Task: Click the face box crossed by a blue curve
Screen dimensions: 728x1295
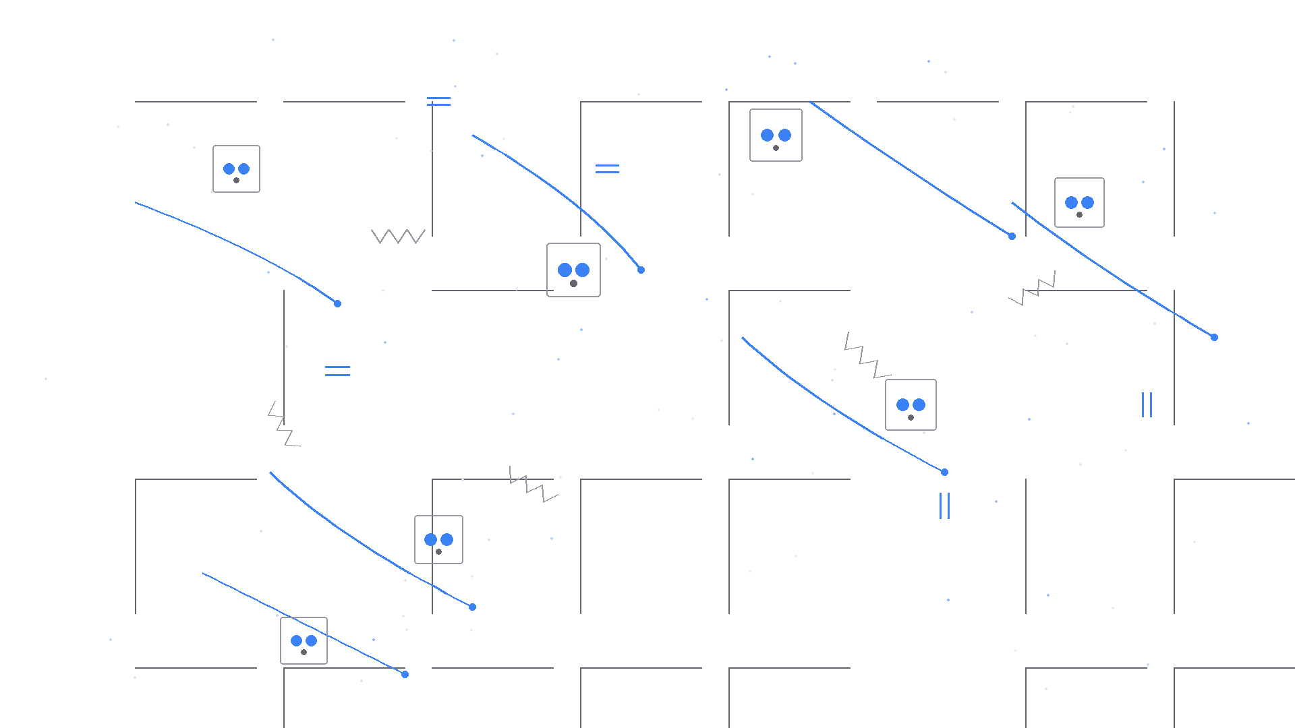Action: (304, 640)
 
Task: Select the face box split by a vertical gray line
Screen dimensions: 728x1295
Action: (438, 539)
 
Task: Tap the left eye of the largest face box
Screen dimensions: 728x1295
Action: (565, 270)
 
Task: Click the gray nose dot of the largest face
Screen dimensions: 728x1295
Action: (573, 283)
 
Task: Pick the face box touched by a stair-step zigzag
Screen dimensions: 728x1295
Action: (911, 404)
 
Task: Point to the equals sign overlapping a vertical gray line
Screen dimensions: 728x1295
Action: (438, 101)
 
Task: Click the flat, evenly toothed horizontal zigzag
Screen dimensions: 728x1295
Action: (398, 236)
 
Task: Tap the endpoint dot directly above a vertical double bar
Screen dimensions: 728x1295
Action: (944, 472)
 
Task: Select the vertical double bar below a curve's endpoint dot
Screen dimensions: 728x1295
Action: (944, 506)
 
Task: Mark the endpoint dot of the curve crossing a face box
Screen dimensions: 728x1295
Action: (405, 674)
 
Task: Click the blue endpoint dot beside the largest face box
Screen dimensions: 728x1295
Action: (641, 270)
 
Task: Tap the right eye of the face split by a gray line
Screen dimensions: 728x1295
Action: (447, 539)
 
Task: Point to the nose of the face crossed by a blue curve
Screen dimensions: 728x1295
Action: (304, 652)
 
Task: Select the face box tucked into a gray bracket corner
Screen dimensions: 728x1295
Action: (776, 135)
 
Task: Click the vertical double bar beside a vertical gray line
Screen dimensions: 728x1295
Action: (1147, 404)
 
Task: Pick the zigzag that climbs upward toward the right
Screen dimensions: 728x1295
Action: (1032, 289)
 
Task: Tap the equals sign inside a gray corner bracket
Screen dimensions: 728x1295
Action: (607, 169)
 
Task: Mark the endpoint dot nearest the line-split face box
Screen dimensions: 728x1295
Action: (472, 607)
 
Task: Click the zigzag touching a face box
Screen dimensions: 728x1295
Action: (868, 355)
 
